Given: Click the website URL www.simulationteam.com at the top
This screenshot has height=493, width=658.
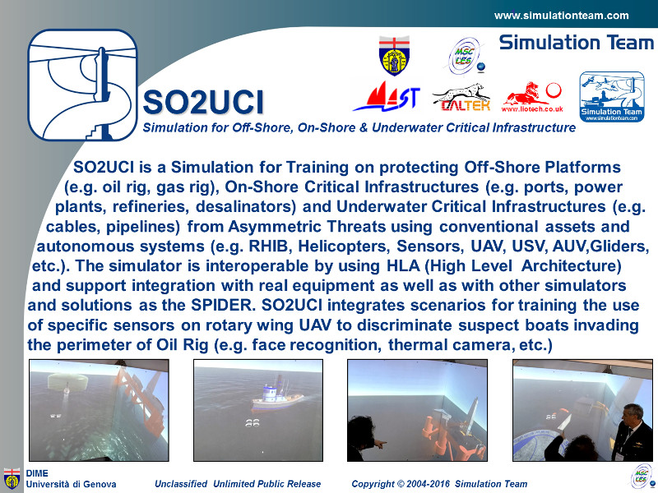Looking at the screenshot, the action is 562,16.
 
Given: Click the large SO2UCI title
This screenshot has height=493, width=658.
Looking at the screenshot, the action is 203,102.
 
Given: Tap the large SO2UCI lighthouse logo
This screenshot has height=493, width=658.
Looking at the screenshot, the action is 83,85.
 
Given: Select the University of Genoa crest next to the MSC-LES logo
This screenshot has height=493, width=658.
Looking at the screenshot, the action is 394,55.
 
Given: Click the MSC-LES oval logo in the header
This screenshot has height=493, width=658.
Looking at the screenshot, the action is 464,56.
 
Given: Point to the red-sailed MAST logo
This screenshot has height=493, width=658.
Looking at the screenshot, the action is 386,96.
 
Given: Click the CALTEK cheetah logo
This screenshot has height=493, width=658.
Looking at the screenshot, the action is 462,97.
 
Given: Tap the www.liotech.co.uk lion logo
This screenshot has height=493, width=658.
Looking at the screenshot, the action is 531,97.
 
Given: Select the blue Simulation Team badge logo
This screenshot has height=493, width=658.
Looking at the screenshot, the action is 612,97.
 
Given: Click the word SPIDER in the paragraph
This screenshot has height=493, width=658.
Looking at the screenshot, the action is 223,305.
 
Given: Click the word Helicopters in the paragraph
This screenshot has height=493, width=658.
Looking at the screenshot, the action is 344,246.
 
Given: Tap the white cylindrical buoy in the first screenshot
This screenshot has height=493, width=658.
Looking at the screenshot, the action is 67,382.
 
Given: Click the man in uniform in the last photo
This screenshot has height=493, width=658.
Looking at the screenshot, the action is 633,432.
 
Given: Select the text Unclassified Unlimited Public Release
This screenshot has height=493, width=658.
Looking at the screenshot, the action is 238,484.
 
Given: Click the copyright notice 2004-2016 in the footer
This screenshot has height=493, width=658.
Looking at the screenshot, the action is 439,484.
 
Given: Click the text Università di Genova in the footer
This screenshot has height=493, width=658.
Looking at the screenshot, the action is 71,484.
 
